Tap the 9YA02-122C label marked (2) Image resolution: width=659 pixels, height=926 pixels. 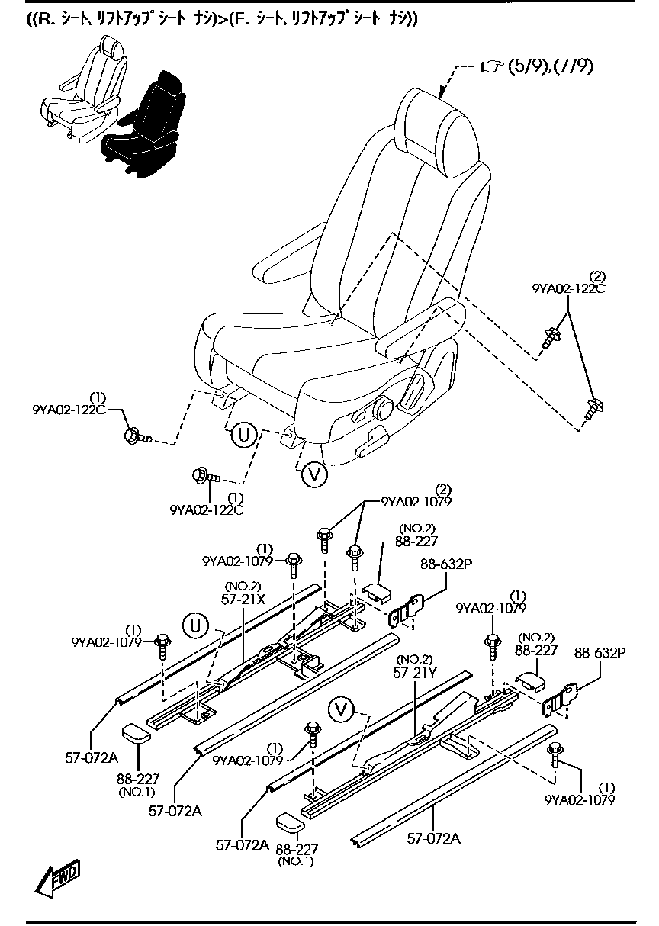pyautogui.click(x=568, y=288)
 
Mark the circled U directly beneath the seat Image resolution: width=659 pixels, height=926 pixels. pyautogui.click(x=243, y=436)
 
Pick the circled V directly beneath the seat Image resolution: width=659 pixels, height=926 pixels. pyautogui.click(x=313, y=474)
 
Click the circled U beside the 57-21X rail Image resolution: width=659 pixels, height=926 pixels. pyautogui.click(x=195, y=626)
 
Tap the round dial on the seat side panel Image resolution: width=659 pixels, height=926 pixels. pyautogui.click(x=382, y=408)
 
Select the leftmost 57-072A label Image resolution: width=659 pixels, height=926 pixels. pyautogui.click(x=92, y=757)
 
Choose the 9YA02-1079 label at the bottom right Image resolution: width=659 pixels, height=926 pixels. pyautogui.click(x=580, y=799)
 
